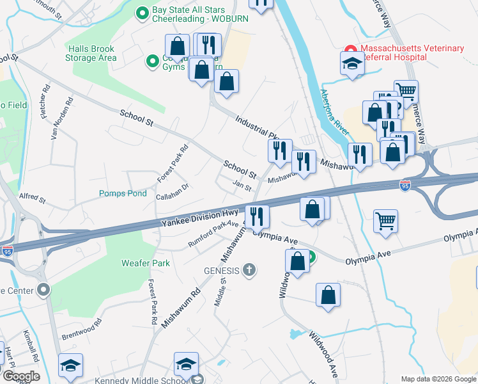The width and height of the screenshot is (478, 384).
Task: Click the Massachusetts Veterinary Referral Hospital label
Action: tap(412, 52)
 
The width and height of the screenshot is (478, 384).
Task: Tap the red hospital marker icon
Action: tap(350, 49)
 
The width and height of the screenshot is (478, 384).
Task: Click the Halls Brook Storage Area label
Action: tap(91, 53)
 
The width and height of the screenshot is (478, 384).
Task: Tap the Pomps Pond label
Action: tap(123, 193)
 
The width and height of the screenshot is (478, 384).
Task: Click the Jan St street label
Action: tap(242, 185)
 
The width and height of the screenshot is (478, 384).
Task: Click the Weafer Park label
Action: tap(146, 263)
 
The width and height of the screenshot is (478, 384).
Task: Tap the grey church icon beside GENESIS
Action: tap(250, 270)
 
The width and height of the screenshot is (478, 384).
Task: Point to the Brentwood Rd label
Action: tap(82, 331)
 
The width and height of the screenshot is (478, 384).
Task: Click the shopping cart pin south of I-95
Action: tap(387, 221)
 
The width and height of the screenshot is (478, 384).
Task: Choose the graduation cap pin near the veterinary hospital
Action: tap(351, 63)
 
